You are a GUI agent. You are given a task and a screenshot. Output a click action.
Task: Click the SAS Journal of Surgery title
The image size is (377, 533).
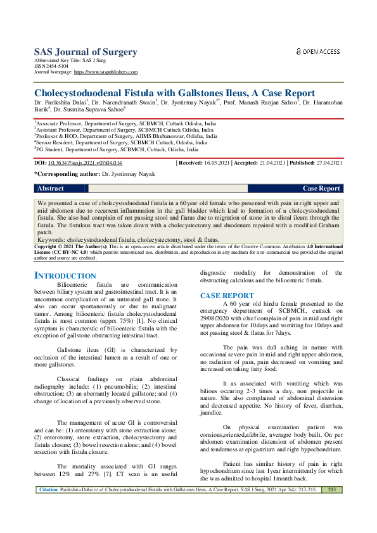[x=77, y=52]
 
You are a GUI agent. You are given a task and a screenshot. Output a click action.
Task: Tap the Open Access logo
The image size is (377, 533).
[x=318, y=51]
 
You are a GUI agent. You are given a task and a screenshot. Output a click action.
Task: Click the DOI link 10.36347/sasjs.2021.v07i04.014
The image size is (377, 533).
[x=85, y=163]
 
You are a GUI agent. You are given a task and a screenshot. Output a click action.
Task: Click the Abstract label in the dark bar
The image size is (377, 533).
[x=51, y=189]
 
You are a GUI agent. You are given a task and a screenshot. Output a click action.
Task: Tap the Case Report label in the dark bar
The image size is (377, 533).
[x=321, y=189]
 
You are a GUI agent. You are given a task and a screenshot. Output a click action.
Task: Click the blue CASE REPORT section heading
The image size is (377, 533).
[x=227, y=296]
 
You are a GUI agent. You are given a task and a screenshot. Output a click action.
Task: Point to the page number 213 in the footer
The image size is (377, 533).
[x=331, y=525]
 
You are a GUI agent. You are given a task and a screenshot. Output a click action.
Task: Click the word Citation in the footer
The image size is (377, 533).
[x=49, y=525]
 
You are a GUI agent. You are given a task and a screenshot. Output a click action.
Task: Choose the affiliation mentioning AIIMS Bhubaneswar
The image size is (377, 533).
[x=125, y=135]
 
